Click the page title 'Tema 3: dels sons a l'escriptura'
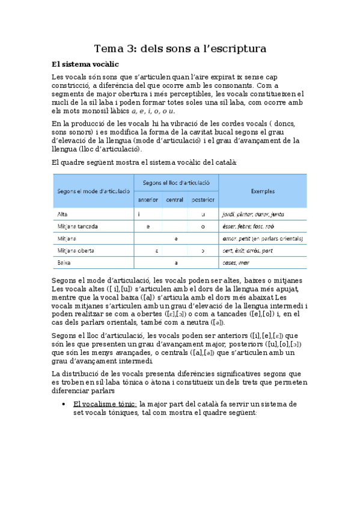coord(180,48)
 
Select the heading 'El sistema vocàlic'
coord(85,64)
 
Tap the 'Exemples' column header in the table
coord(263,191)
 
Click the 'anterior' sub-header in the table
coord(148,199)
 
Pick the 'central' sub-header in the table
coord(175,199)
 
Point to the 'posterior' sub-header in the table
coord(203,199)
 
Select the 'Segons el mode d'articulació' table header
coord(94,191)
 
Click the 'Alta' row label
coord(63,214)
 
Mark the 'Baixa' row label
coord(64,263)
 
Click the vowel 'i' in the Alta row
coord(139,214)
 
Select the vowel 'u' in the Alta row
coord(203,214)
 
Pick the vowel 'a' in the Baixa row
coord(175,263)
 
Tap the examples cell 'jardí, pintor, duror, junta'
coord(253,214)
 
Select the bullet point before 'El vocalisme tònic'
coord(64,404)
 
